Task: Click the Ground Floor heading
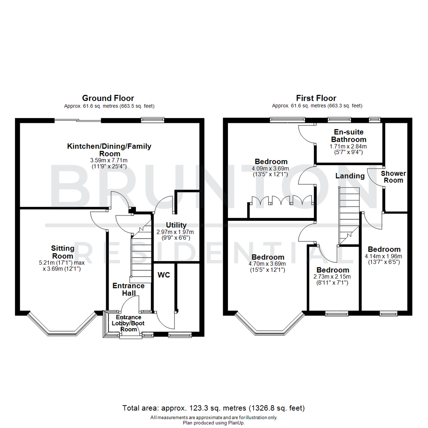[108, 98]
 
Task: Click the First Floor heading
[316, 98]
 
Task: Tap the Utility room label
[176, 225]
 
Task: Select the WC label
[164, 275]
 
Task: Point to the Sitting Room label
[63, 252]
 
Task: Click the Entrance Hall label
[128, 289]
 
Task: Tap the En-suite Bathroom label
[349, 136]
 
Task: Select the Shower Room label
[394, 177]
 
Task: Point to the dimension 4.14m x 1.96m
[384, 256]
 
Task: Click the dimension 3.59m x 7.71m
[109, 160]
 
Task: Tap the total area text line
[214, 408]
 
